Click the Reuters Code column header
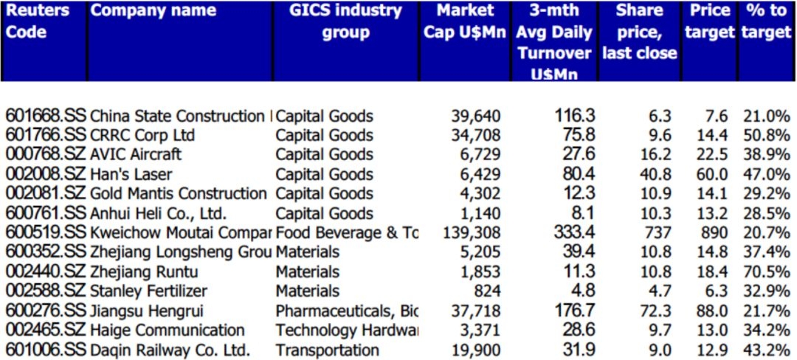(37, 21)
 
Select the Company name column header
(153, 10)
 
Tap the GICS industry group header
(346, 21)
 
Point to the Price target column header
(709, 21)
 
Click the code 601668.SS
(46, 116)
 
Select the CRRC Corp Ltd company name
(142, 136)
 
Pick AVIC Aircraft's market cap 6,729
(480, 155)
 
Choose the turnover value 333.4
(575, 233)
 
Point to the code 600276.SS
(46, 311)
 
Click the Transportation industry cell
(328, 350)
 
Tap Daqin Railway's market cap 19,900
(476, 350)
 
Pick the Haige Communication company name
(167, 330)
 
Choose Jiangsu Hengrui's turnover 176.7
(575, 311)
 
